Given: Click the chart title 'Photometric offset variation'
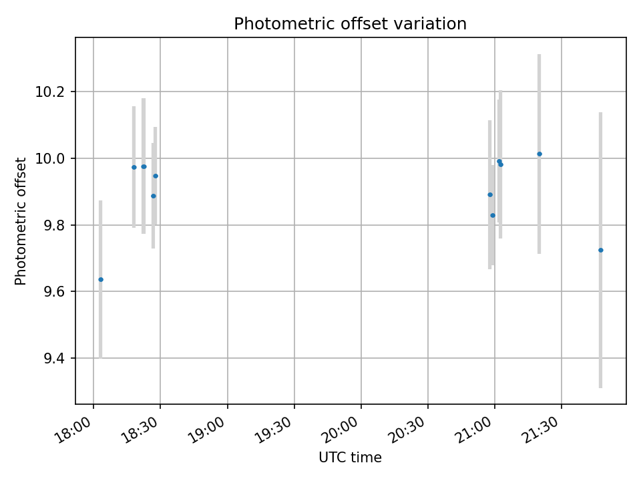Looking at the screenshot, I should [350, 24].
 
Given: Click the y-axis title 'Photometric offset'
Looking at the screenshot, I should [21, 221].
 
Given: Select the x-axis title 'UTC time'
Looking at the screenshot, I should [350, 458].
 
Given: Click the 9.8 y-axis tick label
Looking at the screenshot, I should [53, 225].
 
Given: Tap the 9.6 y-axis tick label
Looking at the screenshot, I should [53, 292].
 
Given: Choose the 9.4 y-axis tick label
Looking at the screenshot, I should [53, 359].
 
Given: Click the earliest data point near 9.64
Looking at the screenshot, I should [101, 279].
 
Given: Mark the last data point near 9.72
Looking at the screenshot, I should [601, 250].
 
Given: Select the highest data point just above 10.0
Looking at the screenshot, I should [540, 154].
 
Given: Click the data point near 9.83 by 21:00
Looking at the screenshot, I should [493, 215].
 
